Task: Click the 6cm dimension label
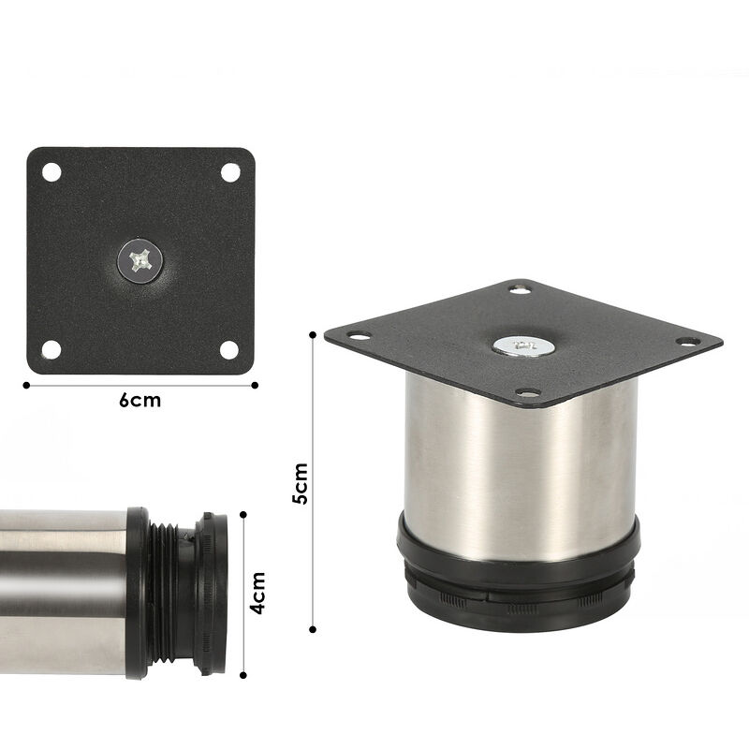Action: [140, 401]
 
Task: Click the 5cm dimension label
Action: [300, 484]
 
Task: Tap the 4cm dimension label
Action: [258, 592]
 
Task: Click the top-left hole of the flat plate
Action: [51, 173]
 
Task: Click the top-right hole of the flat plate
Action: [229, 173]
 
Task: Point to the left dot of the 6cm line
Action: [25, 383]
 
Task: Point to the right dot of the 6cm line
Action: [256, 383]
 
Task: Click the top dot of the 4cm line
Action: [243, 512]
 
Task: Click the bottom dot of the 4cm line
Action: [243, 673]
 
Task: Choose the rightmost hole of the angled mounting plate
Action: [689, 344]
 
